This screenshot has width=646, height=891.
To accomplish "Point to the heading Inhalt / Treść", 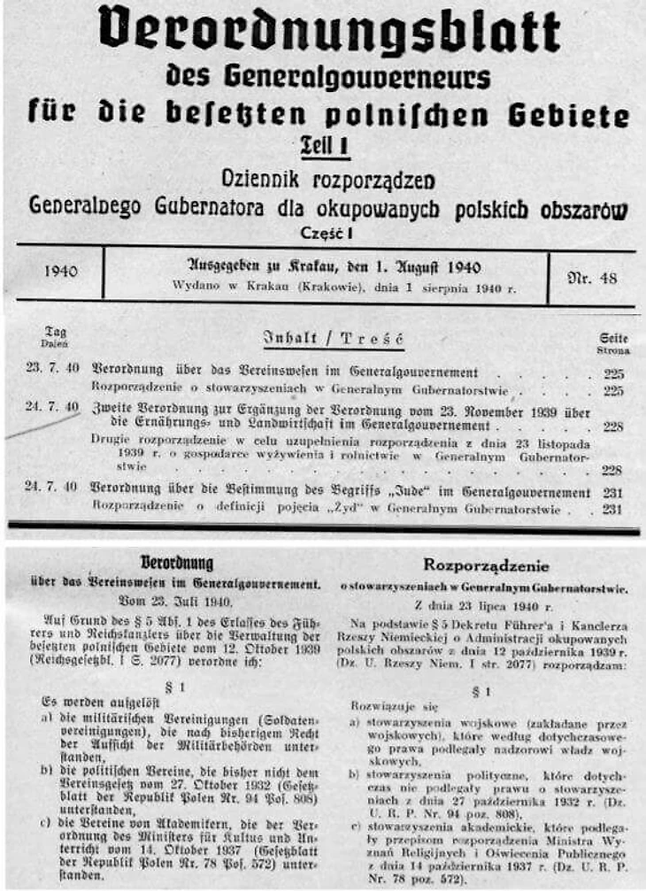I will tap(334, 339).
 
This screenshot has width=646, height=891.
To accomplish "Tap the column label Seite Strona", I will tap(611, 342).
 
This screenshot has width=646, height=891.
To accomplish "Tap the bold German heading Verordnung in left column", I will tap(178, 564).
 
